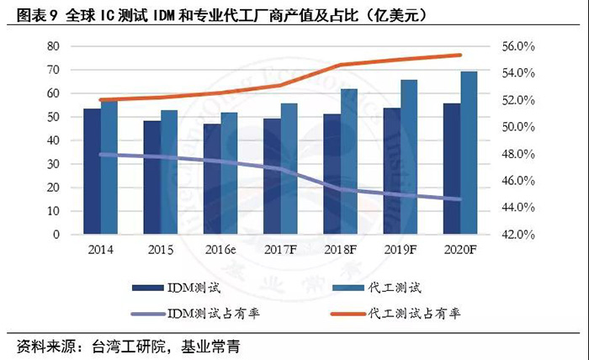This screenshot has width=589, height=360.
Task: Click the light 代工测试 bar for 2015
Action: pyautogui.click(x=169, y=172)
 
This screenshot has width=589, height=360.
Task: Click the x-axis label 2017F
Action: pyautogui.click(x=280, y=249)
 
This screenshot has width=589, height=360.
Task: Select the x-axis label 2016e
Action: pyautogui.click(x=220, y=249)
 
